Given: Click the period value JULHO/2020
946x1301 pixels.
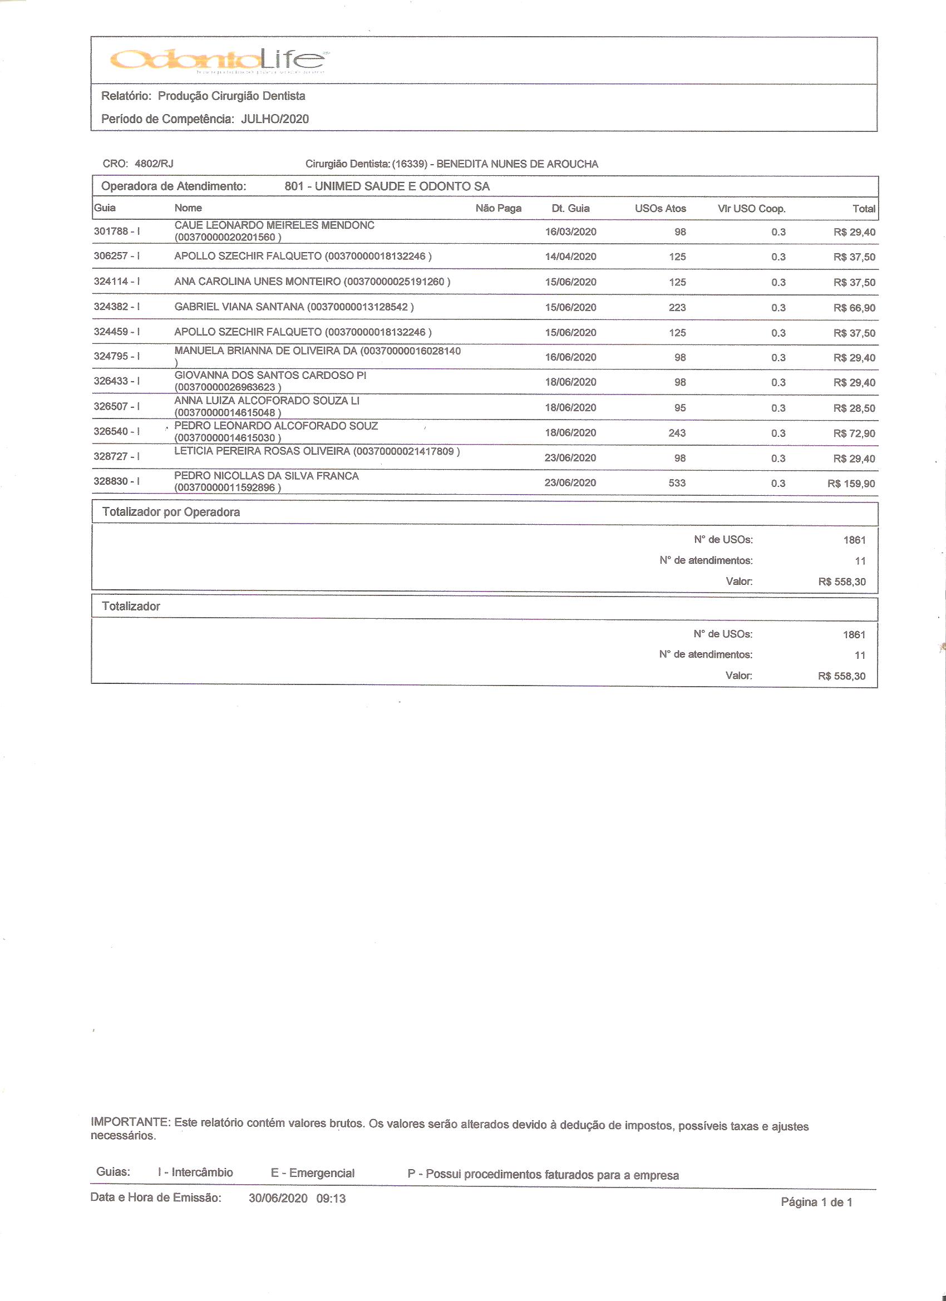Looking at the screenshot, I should tap(275, 119).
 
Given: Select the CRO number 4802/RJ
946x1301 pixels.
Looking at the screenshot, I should tap(154, 164).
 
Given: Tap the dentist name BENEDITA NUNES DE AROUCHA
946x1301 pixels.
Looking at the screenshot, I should tap(517, 164).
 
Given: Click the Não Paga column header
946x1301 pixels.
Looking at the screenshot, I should tap(498, 208).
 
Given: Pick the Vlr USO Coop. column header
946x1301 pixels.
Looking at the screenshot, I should tap(751, 209).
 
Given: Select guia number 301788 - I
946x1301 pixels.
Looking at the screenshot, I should tap(117, 231).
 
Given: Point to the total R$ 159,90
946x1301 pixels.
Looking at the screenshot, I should tap(851, 484).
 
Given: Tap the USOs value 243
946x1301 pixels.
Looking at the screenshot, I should tap(677, 433).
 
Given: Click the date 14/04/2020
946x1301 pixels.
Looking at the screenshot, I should tap(570, 257).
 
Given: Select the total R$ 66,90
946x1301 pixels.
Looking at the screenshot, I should tap(854, 308).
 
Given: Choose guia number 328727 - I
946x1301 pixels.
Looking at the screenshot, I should tap(117, 457).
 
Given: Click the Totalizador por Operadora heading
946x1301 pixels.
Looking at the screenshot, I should tap(171, 512).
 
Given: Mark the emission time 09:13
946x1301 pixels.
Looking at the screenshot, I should tap(331, 1198).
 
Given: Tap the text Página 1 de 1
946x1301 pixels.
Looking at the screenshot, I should tap(816, 1202).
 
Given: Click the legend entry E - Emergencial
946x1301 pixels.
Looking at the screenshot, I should tap(313, 1172).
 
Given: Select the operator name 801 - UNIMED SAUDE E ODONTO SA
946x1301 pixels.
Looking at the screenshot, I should tap(387, 186).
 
